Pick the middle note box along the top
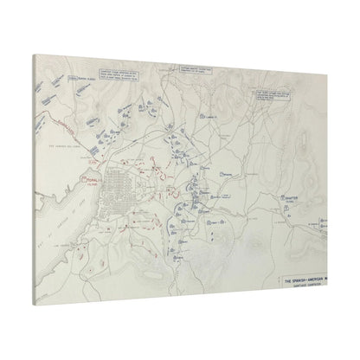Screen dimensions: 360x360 coord(196,69)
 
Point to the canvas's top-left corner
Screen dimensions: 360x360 coord(35,55)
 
